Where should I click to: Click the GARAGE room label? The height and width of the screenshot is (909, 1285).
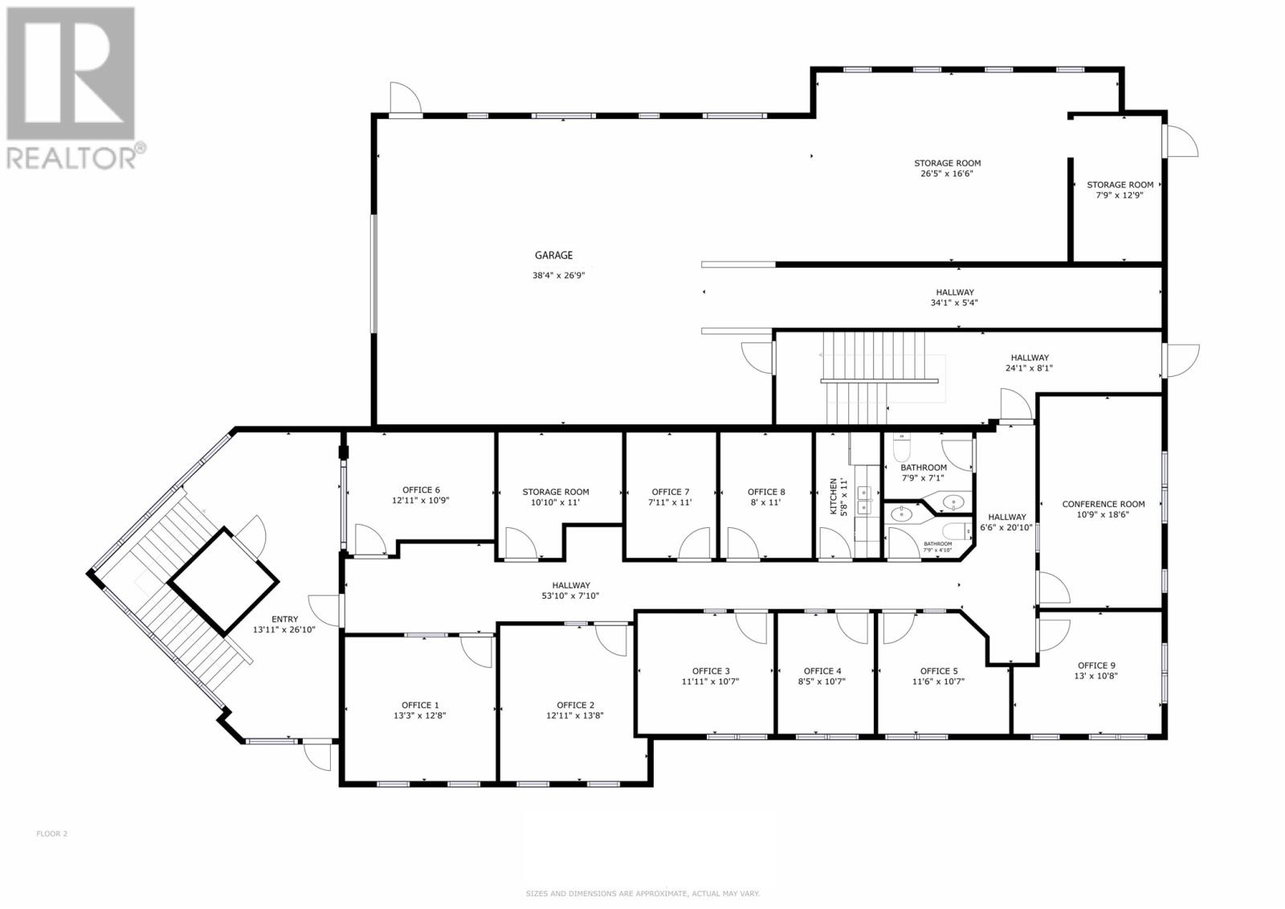point(554,256)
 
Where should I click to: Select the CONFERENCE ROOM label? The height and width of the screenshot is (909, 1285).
point(1103,505)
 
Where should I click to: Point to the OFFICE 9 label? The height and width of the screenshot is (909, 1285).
point(1096,665)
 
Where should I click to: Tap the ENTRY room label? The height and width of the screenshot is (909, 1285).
point(284,619)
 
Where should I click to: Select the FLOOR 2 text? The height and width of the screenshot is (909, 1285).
point(52,833)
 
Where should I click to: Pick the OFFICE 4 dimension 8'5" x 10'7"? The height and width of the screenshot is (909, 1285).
point(823,682)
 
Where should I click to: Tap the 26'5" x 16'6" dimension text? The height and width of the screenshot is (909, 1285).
point(947,174)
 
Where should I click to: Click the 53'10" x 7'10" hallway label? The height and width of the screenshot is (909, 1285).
point(571,596)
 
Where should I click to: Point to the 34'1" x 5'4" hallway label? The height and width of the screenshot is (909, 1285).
point(954,304)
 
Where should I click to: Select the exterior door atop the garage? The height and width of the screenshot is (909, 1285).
point(404,100)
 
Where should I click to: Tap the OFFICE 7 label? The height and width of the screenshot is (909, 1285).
point(671,492)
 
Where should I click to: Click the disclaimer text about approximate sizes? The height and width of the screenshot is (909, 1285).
point(642,894)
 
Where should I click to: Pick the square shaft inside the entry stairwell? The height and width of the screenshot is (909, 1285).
point(223,581)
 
